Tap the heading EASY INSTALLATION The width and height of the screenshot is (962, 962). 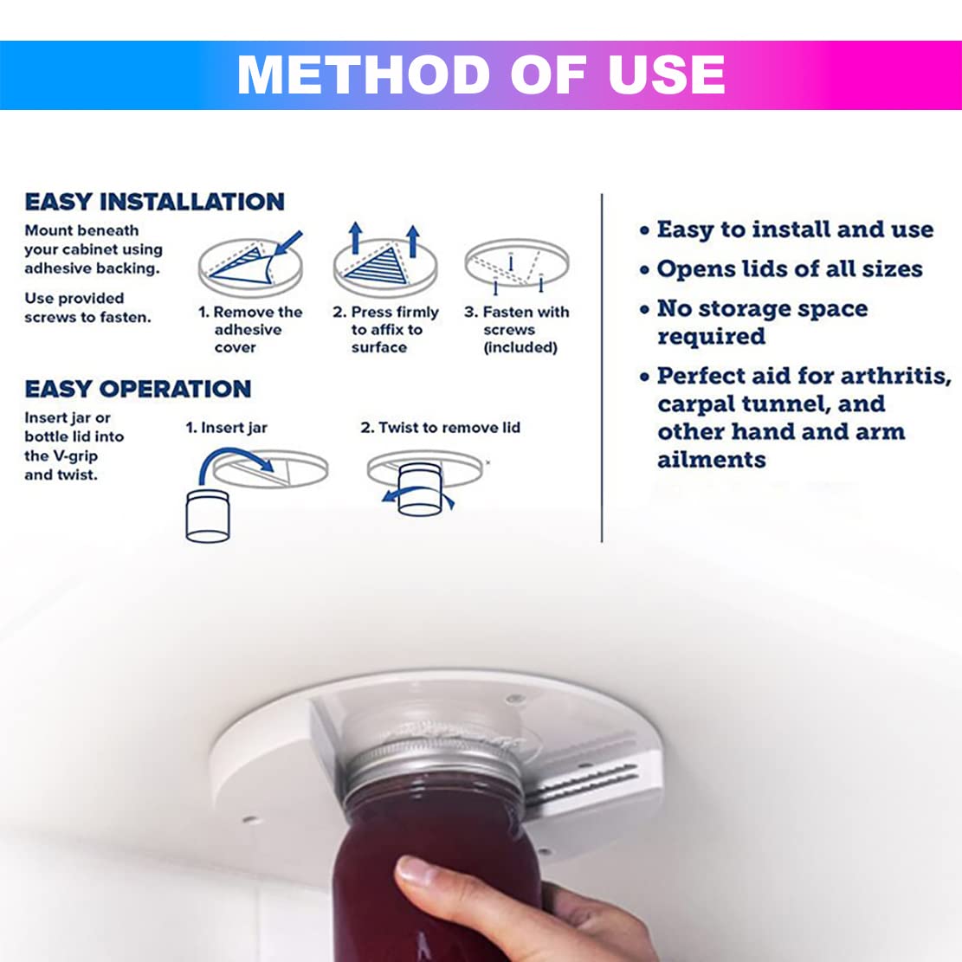[x=155, y=202]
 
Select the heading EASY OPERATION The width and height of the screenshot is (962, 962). [x=138, y=389]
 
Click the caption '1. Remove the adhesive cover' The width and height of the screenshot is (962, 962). [x=250, y=329]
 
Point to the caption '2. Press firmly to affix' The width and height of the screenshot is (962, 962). [x=386, y=329]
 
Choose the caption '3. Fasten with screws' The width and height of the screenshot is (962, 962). [x=517, y=329]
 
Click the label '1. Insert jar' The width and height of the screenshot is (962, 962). [x=226, y=428]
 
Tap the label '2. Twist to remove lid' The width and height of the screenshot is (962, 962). [x=441, y=428]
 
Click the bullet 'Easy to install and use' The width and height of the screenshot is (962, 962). [x=795, y=229]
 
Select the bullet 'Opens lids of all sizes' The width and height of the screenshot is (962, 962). [x=790, y=268]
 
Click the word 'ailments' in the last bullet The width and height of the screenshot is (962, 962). [x=712, y=460]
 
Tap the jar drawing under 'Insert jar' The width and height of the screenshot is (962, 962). [x=207, y=516]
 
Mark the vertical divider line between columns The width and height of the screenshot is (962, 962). [x=602, y=368]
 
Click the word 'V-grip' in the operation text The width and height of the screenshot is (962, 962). [x=74, y=456]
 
